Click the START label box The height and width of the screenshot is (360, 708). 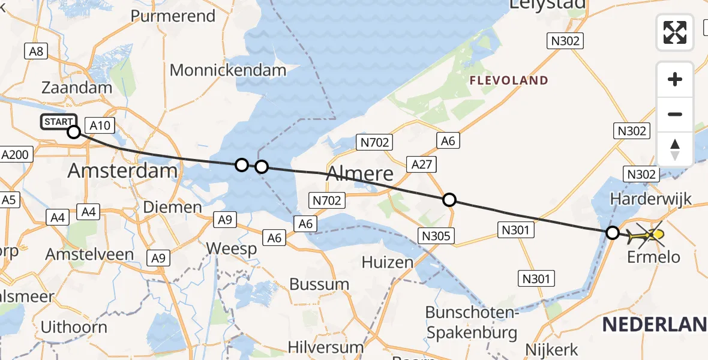coord(58,122)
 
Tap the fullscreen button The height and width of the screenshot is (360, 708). coord(675,32)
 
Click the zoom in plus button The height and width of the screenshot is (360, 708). coord(675,79)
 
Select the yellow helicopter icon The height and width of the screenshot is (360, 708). coord(645,236)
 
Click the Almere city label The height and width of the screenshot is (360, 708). coord(360,174)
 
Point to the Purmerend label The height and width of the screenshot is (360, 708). coord(173,16)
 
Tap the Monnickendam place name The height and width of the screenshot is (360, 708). coord(228,70)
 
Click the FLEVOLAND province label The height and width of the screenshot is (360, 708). coord(509,80)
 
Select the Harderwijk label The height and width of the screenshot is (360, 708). coord(650,199)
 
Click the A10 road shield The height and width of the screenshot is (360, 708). coord(99,125)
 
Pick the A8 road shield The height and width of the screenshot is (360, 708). coord(37,52)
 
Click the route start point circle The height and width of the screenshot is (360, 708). coord(73,132)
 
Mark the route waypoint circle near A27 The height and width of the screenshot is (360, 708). coord(449,200)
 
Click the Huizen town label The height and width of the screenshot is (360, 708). coord(388,262)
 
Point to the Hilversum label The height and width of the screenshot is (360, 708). coord(325,347)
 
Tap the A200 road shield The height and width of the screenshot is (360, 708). coord(14,155)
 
